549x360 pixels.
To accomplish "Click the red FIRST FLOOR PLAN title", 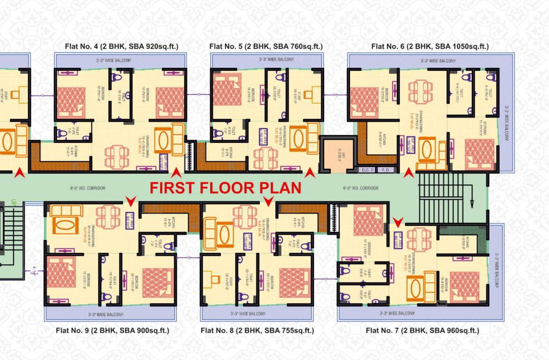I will [225, 188].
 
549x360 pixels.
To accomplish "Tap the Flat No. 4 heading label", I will [122, 46].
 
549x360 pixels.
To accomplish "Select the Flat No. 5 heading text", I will [266, 46].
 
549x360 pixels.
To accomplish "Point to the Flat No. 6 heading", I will [430, 46].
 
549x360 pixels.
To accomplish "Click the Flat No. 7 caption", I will [422, 330].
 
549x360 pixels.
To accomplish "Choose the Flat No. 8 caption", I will [257, 330].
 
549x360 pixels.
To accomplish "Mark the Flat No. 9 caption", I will [112, 330].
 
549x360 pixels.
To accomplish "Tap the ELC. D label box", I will [366, 169].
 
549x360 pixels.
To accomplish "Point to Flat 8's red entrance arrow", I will [268, 201].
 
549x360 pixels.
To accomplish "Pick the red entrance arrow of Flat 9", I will [131, 201].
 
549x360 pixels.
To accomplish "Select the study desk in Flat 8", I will [215, 280].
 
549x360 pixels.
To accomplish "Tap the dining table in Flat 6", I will [420, 91].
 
